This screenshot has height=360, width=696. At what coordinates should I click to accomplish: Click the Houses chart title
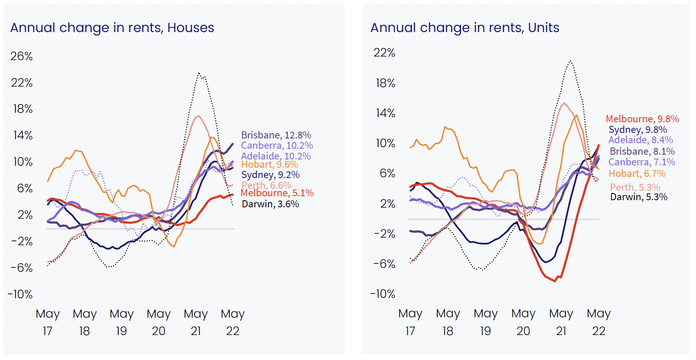pyautogui.click(x=112, y=28)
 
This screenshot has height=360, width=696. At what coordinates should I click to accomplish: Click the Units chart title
pyautogui.click(x=465, y=28)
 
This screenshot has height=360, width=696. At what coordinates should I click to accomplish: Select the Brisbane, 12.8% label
pyautogui.click(x=276, y=135)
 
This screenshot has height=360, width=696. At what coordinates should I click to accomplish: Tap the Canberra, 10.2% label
pyautogui.click(x=277, y=146)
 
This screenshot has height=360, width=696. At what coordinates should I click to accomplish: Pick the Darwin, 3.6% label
pyautogui.click(x=270, y=204)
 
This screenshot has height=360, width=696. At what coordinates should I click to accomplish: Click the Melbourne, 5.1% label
pyautogui.click(x=277, y=193)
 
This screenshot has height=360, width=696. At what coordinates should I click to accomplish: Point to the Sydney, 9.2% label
pyautogui.click(x=270, y=175)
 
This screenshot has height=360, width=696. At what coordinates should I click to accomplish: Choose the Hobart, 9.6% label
pyautogui.click(x=270, y=165)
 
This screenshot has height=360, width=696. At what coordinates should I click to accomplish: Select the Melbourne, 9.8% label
pyautogui.click(x=642, y=119)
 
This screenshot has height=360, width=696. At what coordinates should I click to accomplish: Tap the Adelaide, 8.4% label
pyautogui.click(x=641, y=140)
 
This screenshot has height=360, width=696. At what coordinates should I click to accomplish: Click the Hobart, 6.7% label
pyautogui.click(x=637, y=174)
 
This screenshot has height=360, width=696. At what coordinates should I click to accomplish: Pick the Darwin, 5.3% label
pyautogui.click(x=639, y=197)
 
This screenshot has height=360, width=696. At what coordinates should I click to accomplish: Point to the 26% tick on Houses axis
pyautogui.click(x=22, y=56)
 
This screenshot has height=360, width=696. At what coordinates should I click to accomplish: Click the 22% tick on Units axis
pyautogui.click(x=384, y=53)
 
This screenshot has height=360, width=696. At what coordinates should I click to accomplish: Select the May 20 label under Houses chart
pyautogui.click(x=159, y=322)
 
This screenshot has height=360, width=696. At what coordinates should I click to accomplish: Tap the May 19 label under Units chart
pyautogui.click(x=486, y=322)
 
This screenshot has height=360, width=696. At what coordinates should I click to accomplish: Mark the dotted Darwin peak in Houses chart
pyautogui.click(x=199, y=73)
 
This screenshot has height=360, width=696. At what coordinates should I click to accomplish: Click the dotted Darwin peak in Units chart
pyautogui.click(x=570, y=61)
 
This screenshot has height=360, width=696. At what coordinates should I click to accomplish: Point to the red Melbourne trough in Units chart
pyautogui.click(x=555, y=281)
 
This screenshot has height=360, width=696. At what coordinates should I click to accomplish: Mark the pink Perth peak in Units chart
pyautogui.click(x=564, y=103)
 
